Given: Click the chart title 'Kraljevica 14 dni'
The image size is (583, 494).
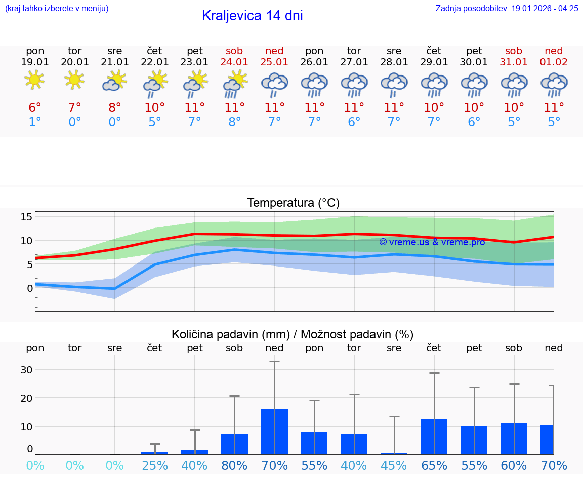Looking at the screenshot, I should coord(252,16).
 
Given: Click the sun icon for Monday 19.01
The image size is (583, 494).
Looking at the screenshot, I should coord(34,80).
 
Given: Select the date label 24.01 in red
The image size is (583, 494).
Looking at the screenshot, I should coord(234,62).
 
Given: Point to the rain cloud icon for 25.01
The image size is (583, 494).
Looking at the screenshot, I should coord(274,84).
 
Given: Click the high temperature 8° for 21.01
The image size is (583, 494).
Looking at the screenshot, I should coord(115,108).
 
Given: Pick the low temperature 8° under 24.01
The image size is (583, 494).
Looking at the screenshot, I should coord(234,122).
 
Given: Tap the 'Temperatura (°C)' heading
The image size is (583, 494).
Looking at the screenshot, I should coord(293,203).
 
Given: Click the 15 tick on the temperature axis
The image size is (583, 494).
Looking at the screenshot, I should coord(26,217).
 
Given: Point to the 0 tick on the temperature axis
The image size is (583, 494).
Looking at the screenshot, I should coord(29,288).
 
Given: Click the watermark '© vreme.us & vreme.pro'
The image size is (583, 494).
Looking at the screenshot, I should coord(432,242).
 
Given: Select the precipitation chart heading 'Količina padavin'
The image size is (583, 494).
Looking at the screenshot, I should coord(293,334).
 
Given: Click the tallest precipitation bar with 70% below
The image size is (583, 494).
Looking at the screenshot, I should coord(274,431).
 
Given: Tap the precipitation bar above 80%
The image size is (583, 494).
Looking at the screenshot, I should coord(234,444).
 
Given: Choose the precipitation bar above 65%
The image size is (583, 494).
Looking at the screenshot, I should coord(434,436).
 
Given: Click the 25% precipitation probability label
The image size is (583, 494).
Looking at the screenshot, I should coord(155,466).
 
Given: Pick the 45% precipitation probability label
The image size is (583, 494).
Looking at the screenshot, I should coord(394,466).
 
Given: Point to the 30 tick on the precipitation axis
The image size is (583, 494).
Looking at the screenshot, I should coord(26,370).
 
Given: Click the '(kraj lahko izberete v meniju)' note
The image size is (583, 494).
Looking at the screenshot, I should coord(57,8).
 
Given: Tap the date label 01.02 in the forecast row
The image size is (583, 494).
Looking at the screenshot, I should coord(554,62).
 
